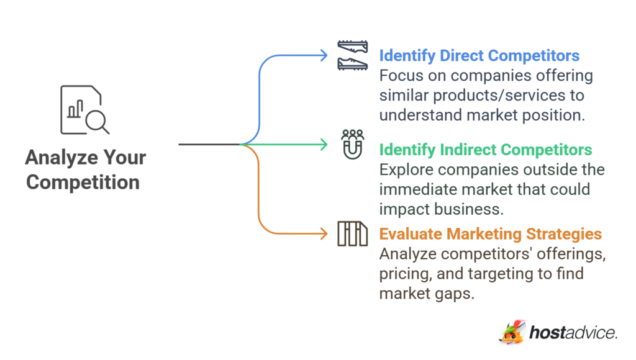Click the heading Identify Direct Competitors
pyautogui.click(x=479, y=56)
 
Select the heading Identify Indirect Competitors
pyautogui.click(x=485, y=150)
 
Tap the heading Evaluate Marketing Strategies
pyautogui.click(x=490, y=234)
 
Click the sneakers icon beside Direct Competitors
pyautogui.click(x=352, y=55)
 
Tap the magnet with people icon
pyautogui.click(x=352, y=144)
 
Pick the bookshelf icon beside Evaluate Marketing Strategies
pyautogui.click(x=352, y=234)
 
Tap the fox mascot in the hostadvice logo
pyautogui.click(x=512, y=333)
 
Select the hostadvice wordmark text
pyautogui.click(x=573, y=333)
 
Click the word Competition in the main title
pyautogui.click(x=83, y=182)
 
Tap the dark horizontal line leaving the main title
pyautogui.click(x=209, y=145)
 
